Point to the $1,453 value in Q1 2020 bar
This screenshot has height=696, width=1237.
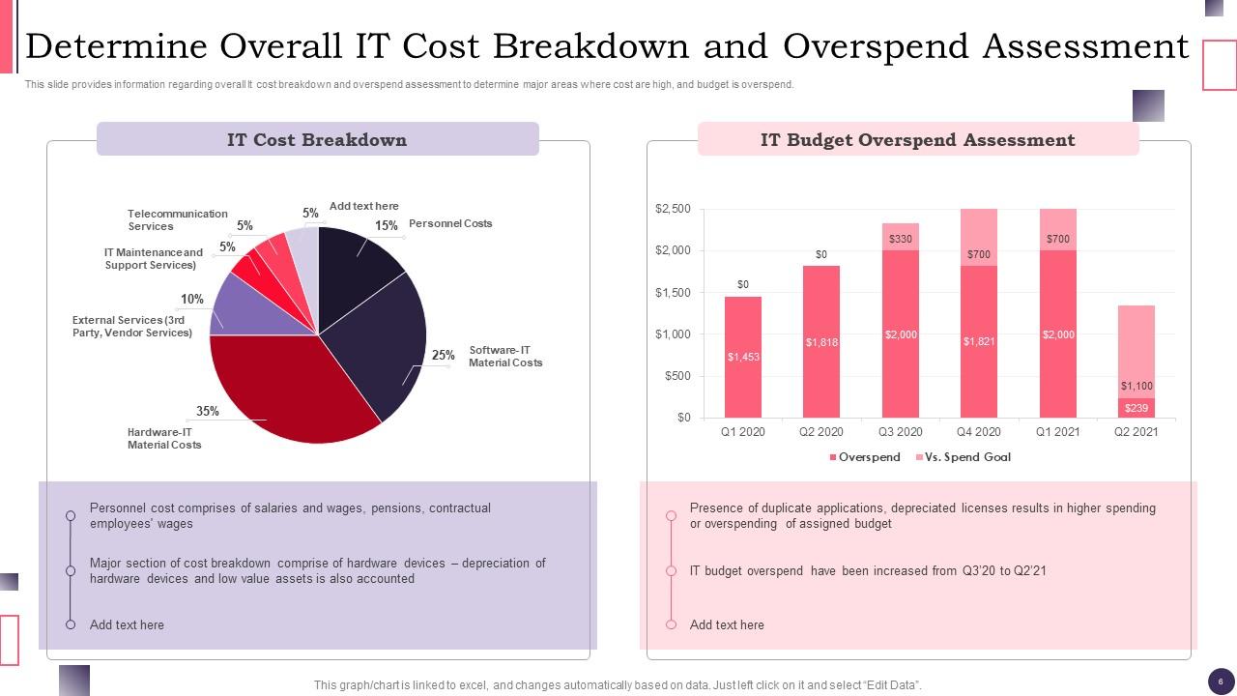(743, 357)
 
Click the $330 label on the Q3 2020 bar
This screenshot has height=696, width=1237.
(900, 239)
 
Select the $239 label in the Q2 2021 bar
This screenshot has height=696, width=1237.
(1136, 408)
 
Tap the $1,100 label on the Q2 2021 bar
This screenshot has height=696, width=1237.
(1136, 387)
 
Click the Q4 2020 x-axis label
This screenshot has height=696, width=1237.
(979, 432)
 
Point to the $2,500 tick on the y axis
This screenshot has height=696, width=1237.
(673, 209)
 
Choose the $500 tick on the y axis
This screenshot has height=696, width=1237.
(677, 376)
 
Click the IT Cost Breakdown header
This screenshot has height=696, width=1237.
(317, 139)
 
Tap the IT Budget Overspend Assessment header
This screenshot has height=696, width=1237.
(917, 139)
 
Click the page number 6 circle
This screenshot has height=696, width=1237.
(1221, 680)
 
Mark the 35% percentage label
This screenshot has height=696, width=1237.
(207, 411)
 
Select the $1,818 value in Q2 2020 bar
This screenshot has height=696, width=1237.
(821, 342)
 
